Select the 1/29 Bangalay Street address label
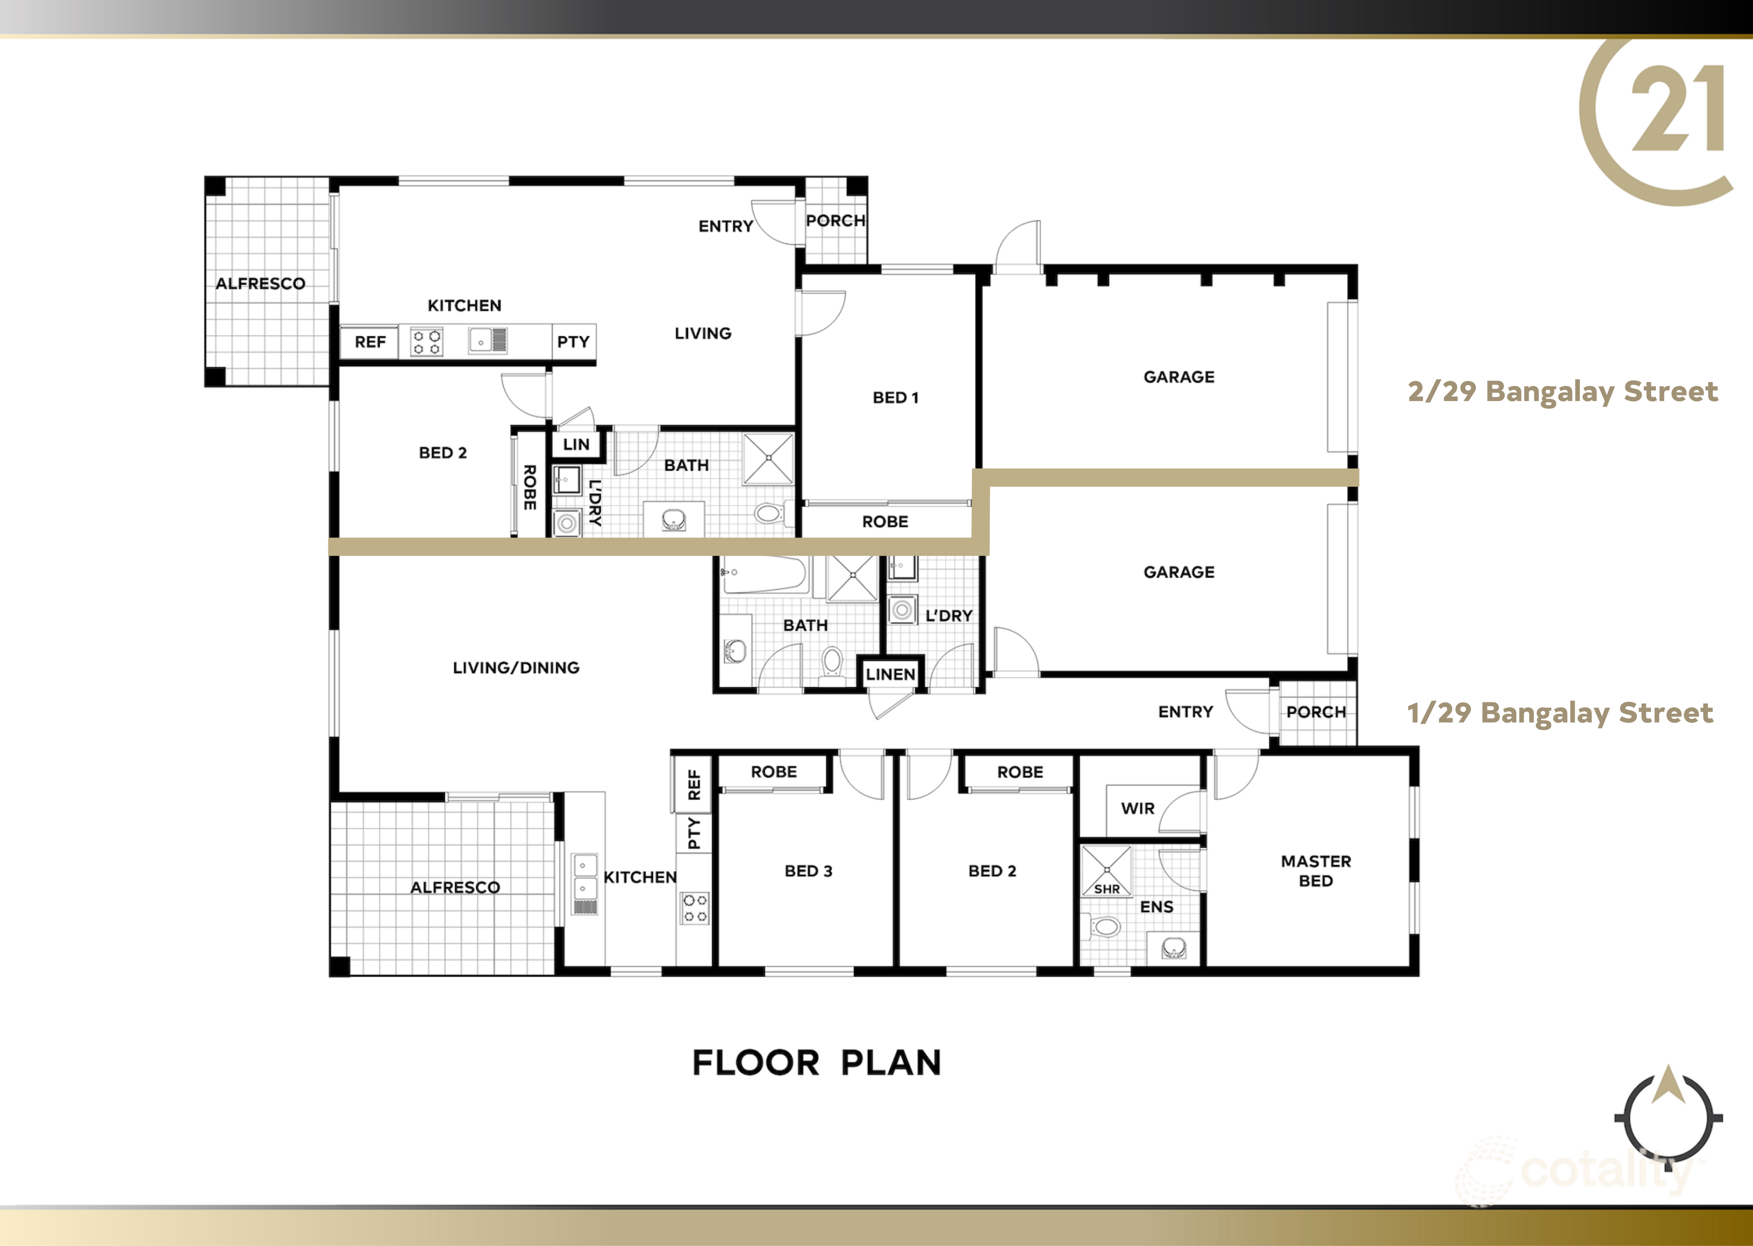1560,713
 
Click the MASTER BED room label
1316,871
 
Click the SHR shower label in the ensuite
1106,889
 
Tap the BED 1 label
895,397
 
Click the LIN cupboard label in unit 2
576,444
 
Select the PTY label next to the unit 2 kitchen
573,342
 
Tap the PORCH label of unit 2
835,221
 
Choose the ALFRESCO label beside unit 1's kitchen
455,887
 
